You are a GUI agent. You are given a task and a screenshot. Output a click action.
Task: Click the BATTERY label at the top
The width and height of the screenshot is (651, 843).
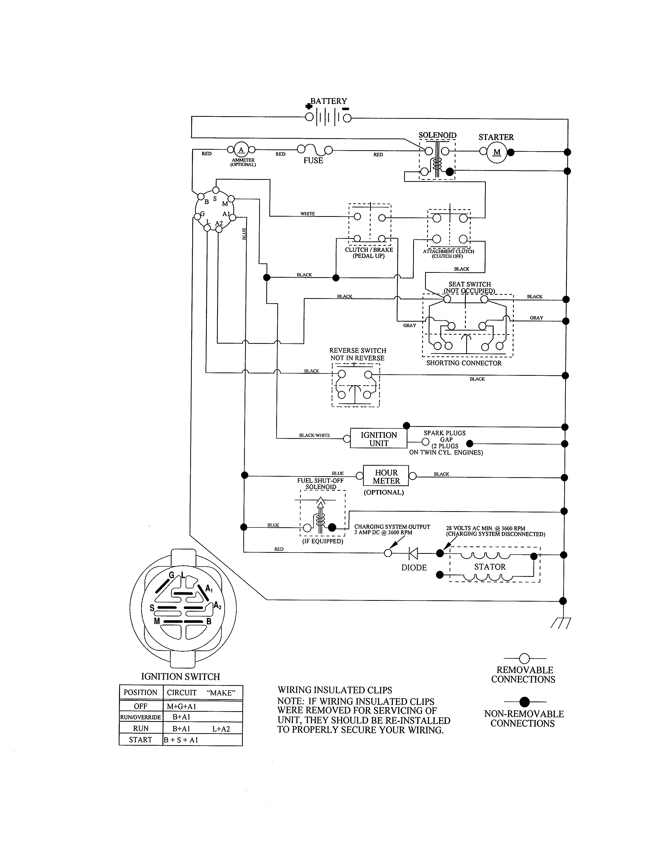point(329,101)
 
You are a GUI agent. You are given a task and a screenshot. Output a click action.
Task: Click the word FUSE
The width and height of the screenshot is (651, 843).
point(313,161)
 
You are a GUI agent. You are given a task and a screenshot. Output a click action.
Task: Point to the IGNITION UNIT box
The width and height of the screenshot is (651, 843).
point(378,439)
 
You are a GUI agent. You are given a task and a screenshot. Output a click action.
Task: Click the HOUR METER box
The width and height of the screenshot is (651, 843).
point(386,477)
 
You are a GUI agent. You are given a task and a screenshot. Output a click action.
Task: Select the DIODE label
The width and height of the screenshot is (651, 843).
point(414,568)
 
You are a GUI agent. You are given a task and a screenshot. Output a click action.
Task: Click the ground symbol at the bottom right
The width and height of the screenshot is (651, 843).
point(561,623)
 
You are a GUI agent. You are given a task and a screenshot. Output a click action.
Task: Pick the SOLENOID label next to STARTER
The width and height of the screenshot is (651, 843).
point(437,135)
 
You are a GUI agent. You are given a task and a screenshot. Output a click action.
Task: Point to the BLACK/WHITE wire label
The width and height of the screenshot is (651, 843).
point(315,435)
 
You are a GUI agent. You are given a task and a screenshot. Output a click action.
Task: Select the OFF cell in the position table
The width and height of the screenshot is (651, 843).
point(140,706)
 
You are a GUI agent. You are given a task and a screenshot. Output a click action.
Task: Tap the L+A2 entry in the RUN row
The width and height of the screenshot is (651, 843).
point(221,729)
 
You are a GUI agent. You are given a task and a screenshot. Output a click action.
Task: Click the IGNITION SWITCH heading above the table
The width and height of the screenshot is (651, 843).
point(180,677)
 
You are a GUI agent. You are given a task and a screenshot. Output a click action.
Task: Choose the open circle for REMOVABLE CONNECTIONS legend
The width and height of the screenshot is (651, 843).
point(525,659)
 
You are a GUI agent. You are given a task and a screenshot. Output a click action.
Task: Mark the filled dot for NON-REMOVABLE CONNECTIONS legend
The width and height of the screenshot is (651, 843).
point(525,702)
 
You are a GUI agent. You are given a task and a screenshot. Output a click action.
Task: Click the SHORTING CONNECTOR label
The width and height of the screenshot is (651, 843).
point(464,363)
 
